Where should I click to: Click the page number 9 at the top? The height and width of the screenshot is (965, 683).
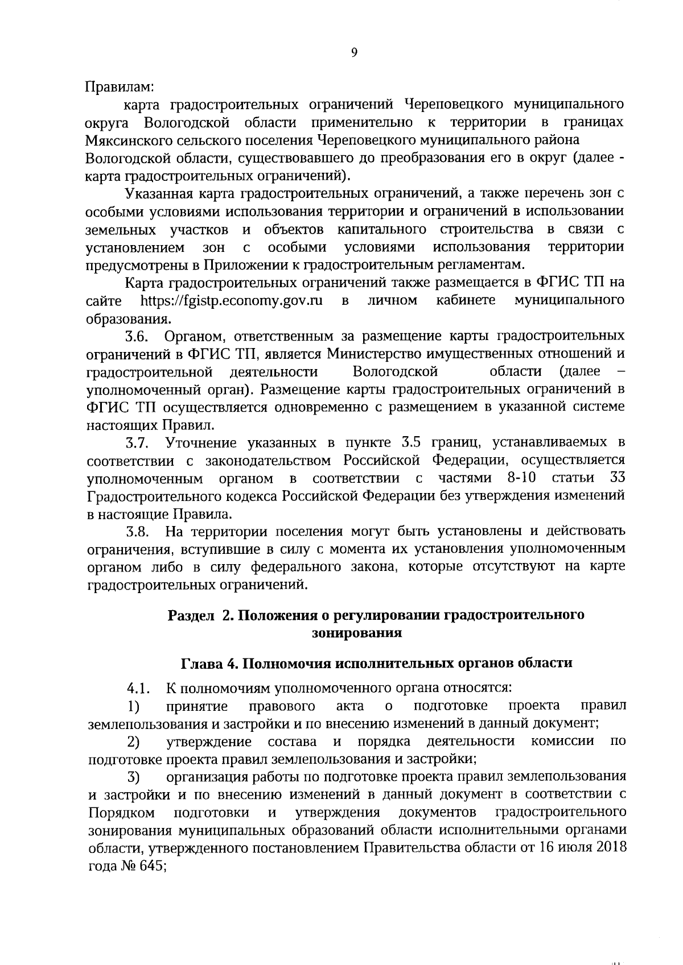coord(354,52)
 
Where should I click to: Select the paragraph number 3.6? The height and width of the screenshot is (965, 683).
coord(137,336)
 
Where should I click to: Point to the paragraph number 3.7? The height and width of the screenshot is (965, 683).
coord(137,442)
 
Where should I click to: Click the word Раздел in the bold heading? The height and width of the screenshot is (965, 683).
coord(191,615)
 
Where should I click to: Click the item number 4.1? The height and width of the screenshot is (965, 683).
coord(138,689)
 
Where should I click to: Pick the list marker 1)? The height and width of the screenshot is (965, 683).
coord(134,706)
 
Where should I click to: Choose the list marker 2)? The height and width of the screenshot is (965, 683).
coord(134,742)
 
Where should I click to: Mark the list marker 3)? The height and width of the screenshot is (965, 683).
coord(134,777)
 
